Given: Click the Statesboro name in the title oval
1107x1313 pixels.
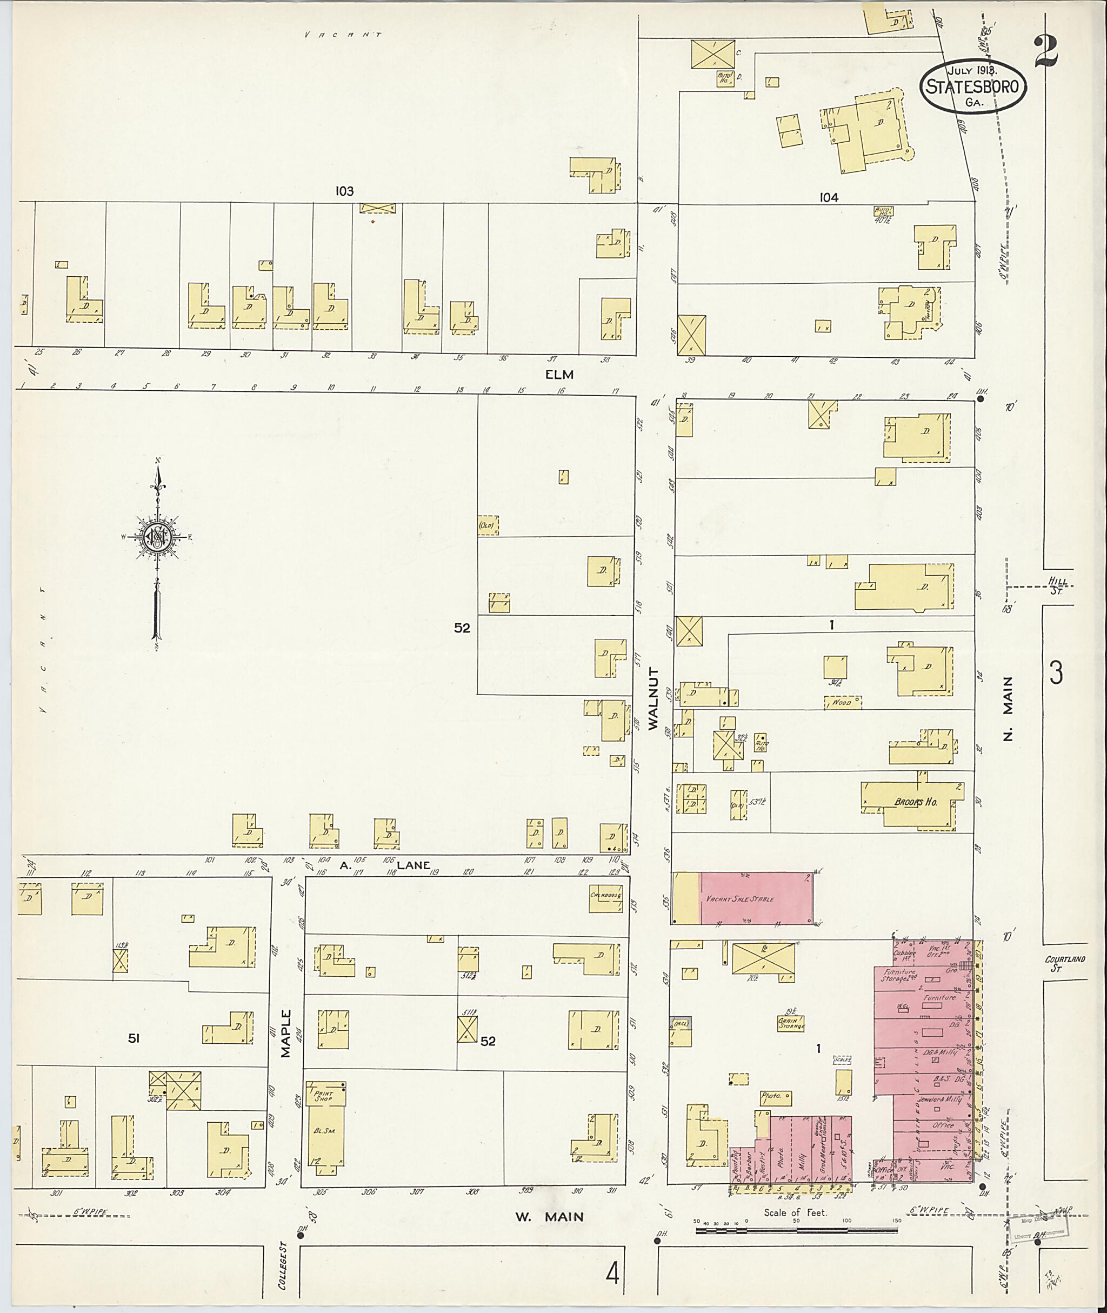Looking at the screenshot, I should [x=973, y=86].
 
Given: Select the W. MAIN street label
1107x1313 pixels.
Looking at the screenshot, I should [x=549, y=1217].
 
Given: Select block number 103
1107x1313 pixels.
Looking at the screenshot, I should [x=344, y=191].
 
